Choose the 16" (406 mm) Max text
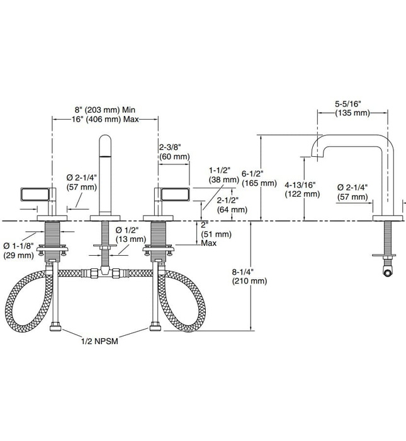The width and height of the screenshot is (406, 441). coord(106,118)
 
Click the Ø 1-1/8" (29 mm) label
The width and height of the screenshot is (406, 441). coord(18,249)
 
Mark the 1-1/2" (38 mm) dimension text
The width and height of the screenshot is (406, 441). coord(223,174)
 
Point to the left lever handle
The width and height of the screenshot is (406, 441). coord(37,193)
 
